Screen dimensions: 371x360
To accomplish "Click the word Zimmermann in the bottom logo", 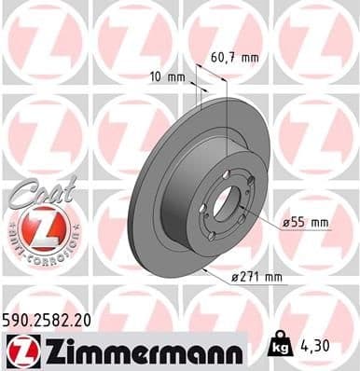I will tap(140, 351).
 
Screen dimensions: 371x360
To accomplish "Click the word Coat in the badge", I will tap(35, 192).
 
